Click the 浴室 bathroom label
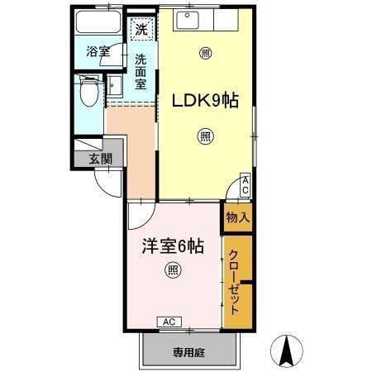tap(98, 52)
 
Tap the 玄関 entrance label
tap(99, 158)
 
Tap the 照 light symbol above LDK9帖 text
tap(205, 53)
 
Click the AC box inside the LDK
tap(246, 186)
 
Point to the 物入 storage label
tap(237, 217)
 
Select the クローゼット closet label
tap(236, 281)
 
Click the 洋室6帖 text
tap(173, 245)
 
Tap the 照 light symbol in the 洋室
tap(173, 269)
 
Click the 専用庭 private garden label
tap(189, 352)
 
